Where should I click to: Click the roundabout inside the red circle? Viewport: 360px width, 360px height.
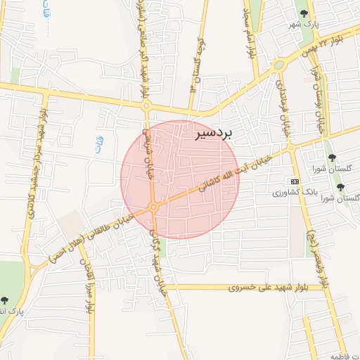coord(153,207)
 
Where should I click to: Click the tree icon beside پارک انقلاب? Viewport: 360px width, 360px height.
coord(5,300)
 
